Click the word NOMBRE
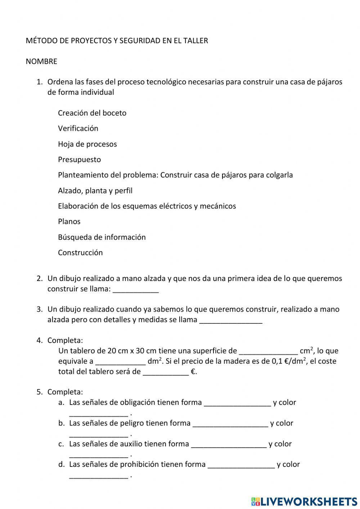(41, 61)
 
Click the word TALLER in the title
(196, 41)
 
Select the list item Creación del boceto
(92, 113)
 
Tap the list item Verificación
(78, 129)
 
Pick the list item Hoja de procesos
(87, 144)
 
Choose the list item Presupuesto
(80, 160)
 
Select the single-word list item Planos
(69, 222)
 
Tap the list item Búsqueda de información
(102, 237)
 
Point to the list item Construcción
(80, 253)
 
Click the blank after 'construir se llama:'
(136, 290)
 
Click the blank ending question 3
(230, 320)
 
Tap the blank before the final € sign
(166, 372)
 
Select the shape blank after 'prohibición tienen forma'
(241, 465)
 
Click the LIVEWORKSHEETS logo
(304, 501)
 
